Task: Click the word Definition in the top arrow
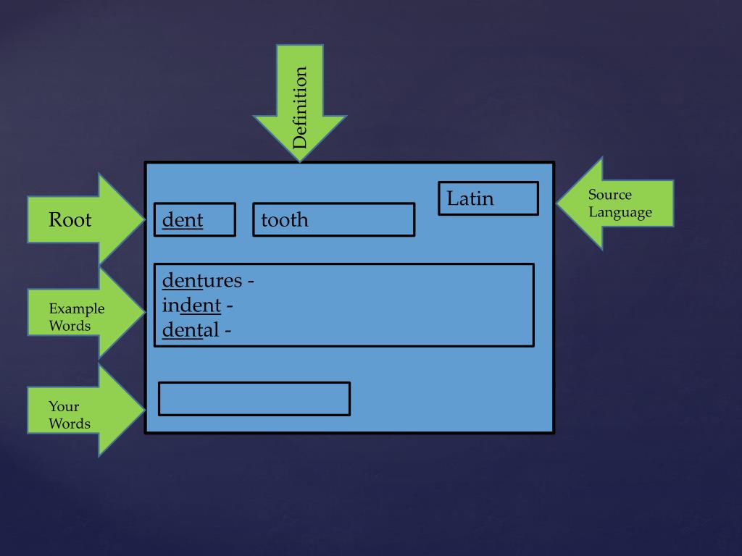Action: tap(300, 108)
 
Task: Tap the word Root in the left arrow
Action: tap(70, 219)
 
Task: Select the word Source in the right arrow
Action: tap(609, 195)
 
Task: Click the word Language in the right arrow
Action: tap(620, 212)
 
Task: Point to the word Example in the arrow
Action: tap(76, 309)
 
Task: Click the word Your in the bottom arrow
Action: tap(64, 406)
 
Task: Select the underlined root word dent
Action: tap(183, 220)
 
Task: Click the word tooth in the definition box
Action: tap(284, 220)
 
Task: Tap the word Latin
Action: tap(470, 198)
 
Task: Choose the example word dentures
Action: tap(201, 280)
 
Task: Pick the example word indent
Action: tap(191, 306)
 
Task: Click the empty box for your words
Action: tap(254, 399)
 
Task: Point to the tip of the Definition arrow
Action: tap(299, 160)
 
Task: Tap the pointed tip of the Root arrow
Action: tap(145, 218)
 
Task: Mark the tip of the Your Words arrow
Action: tap(145, 410)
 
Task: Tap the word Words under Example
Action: tap(70, 326)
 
